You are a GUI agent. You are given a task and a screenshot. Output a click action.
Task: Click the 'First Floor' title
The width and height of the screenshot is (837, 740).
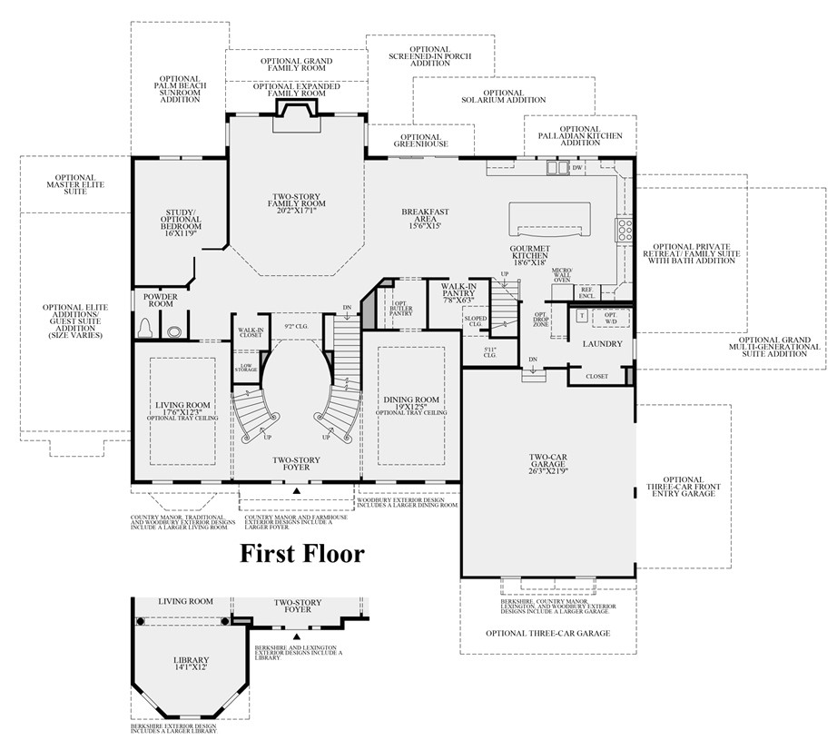pos(301,553)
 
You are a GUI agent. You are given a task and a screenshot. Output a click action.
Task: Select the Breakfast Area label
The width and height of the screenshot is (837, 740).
pos(426,218)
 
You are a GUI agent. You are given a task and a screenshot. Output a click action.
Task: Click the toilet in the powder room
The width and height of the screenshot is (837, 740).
pos(146,326)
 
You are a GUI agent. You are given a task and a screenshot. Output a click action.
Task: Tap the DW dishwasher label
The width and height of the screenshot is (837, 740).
pos(576,168)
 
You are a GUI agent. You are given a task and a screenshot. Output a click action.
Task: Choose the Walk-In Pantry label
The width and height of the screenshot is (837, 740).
pos(458,292)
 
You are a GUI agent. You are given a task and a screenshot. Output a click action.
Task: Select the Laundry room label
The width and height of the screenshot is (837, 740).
pos(603,344)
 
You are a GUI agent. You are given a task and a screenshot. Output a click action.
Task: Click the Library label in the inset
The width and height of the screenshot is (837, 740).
pos(192,664)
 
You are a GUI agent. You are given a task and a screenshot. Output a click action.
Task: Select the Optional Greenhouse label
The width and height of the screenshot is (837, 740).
pos(420,140)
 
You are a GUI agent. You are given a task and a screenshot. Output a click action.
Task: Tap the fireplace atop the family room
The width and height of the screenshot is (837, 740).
pos(296,108)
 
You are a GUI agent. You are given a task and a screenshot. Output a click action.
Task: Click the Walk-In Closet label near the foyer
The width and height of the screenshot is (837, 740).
pos(251,332)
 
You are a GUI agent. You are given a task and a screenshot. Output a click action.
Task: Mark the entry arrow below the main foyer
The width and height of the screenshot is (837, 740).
pos(296,491)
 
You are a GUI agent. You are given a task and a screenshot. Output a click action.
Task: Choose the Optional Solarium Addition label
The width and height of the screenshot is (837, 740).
pos(503,95)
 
